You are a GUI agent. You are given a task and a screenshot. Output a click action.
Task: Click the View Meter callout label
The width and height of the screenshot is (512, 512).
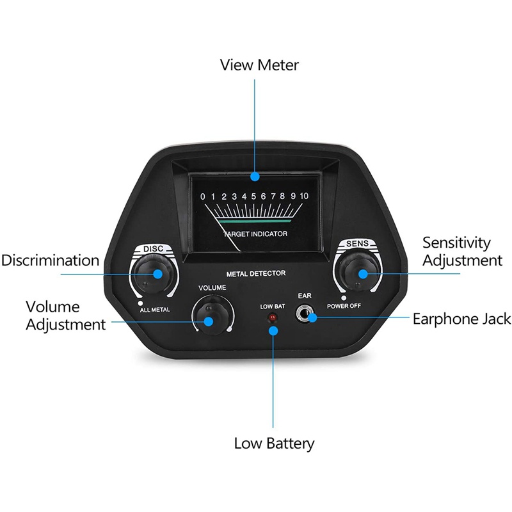click(x=259, y=65)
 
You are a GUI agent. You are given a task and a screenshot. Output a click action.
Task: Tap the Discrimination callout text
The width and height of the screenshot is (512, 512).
click(x=51, y=260)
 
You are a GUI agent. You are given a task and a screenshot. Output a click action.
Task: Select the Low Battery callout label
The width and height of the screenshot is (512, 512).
click(x=274, y=444)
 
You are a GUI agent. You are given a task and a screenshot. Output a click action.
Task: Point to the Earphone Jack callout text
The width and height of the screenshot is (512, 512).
click(x=461, y=319)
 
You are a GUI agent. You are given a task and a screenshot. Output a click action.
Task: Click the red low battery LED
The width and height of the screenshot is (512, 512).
click(x=273, y=317)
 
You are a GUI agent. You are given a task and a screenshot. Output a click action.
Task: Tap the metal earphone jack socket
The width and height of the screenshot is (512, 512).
click(x=303, y=314)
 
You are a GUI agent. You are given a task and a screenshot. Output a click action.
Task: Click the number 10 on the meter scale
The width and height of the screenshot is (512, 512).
click(x=304, y=196)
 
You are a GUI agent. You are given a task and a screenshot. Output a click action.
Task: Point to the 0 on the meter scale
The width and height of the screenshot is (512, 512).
click(x=203, y=196)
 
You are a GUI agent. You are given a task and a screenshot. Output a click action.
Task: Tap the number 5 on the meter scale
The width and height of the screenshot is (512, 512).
click(x=253, y=196)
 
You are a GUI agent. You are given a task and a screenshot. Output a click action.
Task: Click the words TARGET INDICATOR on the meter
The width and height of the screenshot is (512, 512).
click(x=255, y=234)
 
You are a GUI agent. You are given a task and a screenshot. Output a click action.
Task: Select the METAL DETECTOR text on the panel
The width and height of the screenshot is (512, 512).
click(x=256, y=274)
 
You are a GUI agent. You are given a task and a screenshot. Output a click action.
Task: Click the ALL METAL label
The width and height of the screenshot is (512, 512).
click(x=155, y=310)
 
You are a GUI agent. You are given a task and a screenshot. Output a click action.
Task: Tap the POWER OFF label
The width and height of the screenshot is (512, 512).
click(x=344, y=306)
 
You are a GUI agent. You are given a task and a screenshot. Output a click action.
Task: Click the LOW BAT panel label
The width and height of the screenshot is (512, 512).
click(x=273, y=307)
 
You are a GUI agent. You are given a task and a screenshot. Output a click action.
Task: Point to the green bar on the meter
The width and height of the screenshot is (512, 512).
click(x=255, y=221)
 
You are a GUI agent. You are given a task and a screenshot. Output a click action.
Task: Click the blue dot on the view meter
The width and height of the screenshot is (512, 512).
click(x=255, y=177)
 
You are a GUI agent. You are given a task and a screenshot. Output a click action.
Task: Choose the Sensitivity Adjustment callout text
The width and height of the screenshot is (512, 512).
click(x=462, y=252)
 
